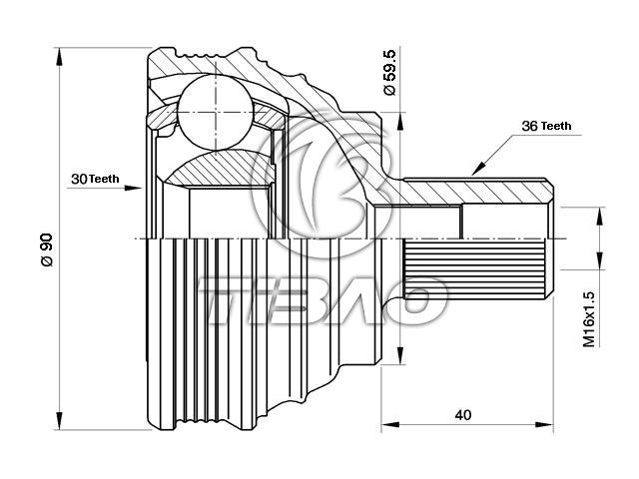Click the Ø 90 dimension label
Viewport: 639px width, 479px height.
47,249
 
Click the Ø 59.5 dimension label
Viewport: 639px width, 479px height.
389,72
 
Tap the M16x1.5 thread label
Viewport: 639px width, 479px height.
588,319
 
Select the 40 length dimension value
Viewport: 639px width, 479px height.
463,415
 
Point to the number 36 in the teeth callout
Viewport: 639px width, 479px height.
530,126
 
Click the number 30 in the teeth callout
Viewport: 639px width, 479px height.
79,179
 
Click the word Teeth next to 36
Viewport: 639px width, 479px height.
556,127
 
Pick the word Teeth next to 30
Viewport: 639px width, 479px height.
104,179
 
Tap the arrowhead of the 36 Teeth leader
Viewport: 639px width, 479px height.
479,168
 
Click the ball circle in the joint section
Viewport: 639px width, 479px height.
216,112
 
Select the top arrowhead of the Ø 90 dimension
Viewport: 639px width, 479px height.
60,56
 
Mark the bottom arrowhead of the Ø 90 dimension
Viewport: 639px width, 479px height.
60,420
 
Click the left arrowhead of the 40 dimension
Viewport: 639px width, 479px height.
390,425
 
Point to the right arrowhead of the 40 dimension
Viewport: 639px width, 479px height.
544,425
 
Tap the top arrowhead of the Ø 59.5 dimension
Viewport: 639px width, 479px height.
400,121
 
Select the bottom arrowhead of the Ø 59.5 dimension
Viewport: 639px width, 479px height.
400,355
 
